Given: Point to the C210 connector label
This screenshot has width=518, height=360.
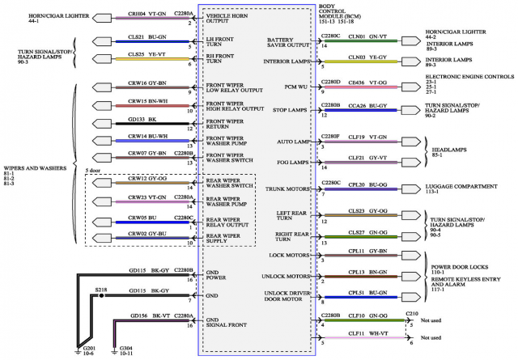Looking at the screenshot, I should pos(412,312).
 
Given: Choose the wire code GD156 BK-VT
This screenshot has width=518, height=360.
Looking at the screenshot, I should pos(147,316).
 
